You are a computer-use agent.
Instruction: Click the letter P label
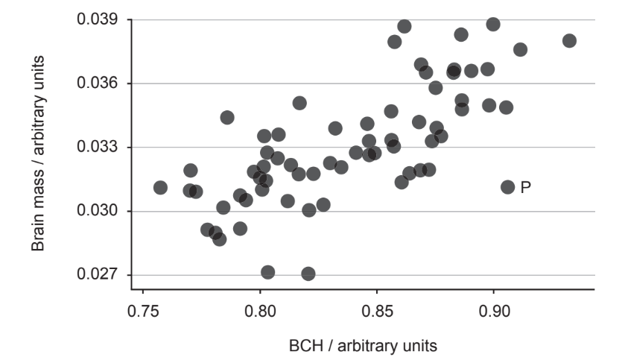525,187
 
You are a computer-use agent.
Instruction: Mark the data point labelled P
508,186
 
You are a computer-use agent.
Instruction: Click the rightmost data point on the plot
569,40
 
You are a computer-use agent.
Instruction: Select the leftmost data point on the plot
160,187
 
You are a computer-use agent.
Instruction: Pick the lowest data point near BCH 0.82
308,274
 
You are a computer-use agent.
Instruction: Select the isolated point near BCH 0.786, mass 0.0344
227,117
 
